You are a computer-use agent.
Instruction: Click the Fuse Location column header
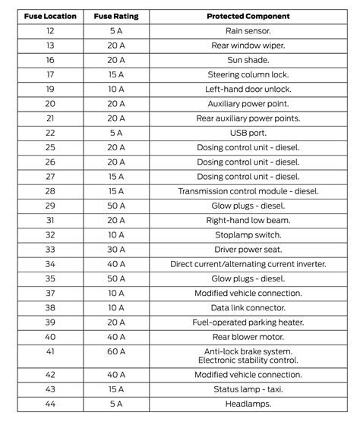[50, 16]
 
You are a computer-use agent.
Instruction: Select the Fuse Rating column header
[115, 16]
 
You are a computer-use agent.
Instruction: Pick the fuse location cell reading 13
[50, 46]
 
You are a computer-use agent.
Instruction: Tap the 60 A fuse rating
[115, 355]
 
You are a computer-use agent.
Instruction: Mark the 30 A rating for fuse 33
[115, 249]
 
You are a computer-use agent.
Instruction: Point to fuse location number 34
[50, 263]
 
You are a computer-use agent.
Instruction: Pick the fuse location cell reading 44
[50, 404]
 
